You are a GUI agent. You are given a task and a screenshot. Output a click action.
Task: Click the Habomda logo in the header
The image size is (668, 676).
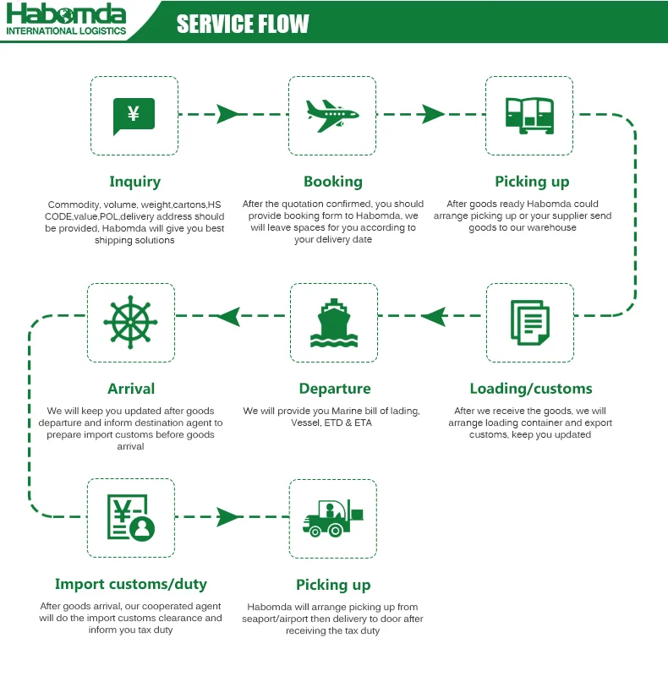tap(66, 20)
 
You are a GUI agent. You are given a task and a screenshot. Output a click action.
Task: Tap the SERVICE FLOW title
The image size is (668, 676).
tap(243, 24)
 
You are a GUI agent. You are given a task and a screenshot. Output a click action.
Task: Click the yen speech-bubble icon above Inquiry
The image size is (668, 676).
tap(134, 116)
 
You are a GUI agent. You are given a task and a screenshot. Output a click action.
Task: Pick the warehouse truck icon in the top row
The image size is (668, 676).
tap(529, 115)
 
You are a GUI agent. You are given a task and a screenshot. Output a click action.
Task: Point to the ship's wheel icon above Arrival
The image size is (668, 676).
tap(130, 322)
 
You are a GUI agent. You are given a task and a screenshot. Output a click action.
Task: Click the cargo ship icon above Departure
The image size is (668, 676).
tap(333, 323)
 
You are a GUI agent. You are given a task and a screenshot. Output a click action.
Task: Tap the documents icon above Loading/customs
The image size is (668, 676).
tap(530, 322)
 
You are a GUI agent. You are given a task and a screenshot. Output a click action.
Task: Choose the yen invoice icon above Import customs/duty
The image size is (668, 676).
tap(131, 518)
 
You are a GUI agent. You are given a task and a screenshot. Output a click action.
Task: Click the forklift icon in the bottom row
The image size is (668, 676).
tap(332, 519)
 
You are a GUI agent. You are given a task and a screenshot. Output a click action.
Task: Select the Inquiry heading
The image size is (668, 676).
tap(134, 181)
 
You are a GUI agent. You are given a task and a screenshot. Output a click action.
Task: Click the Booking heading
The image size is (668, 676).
tap(333, 181)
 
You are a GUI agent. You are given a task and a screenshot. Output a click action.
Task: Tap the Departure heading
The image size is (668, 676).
tap(335, 389)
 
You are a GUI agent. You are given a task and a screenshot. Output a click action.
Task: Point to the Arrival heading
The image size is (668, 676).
tap(131, 389)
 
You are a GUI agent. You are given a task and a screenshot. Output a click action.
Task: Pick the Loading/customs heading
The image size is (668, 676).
tap(531, 389)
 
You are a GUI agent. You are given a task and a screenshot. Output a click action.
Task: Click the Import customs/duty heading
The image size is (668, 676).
tap(131, 584)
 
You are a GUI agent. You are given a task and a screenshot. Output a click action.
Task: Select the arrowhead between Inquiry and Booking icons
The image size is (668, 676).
tap(227, 114)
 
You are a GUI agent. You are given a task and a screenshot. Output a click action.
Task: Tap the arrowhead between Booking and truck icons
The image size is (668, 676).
tap(432, 114)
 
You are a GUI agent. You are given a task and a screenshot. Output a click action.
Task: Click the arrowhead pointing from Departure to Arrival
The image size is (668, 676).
tap(229, 317)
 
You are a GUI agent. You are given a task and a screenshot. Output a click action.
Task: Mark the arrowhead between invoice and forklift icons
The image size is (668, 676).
tap(227, 516)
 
